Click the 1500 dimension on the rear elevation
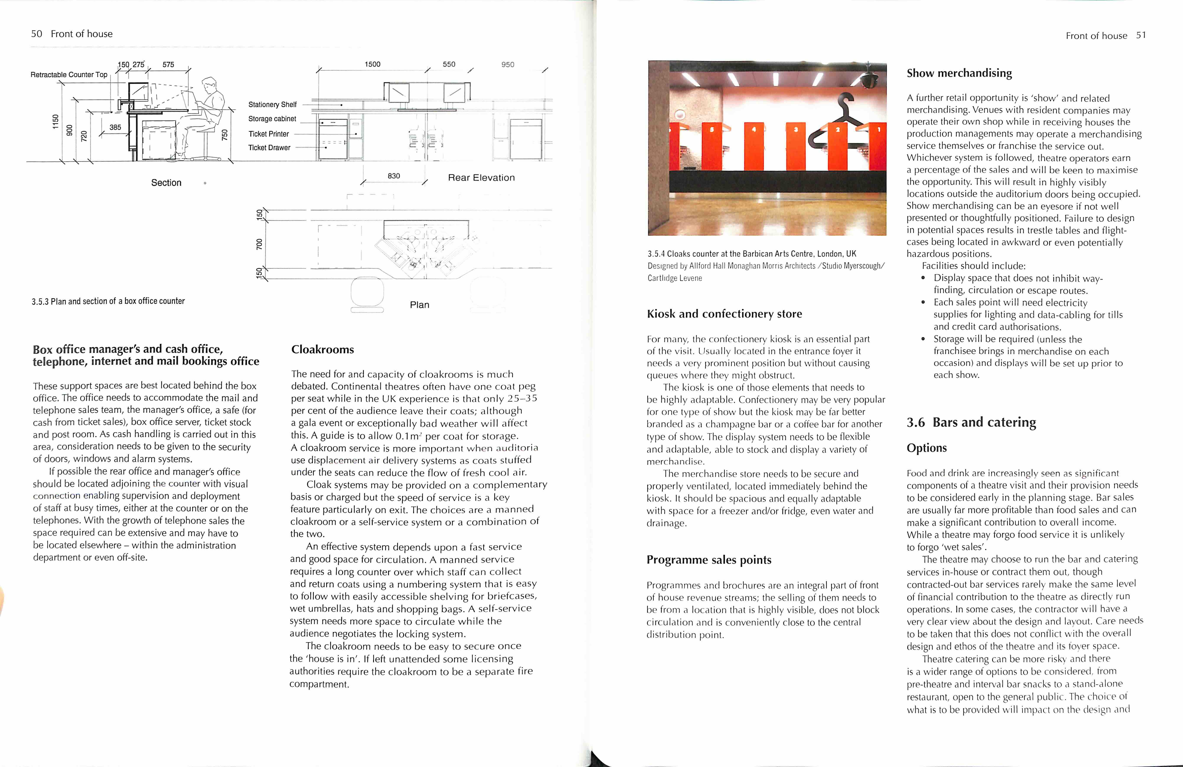coord(372,64)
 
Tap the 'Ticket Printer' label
coord(268,134)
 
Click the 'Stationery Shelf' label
coord(272,105)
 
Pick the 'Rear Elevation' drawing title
coord(481,178)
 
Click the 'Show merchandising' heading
coord(959,73)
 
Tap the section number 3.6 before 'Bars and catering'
coord(915,422)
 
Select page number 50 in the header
coord(36,34)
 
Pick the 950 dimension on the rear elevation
coord(507,65)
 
